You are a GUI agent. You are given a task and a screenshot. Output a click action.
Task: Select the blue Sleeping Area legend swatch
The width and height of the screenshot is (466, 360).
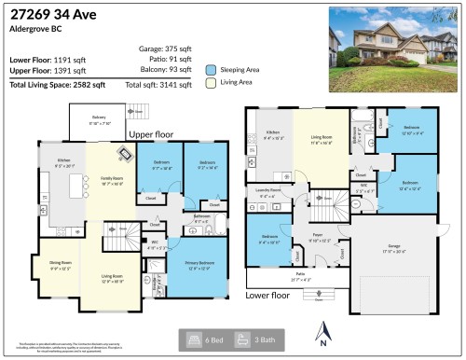pos(211,69)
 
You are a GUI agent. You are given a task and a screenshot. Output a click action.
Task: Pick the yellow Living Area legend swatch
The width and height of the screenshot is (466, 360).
pos(211,83)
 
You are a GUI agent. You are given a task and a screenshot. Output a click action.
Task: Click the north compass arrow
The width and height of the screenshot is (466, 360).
pos(322,330)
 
